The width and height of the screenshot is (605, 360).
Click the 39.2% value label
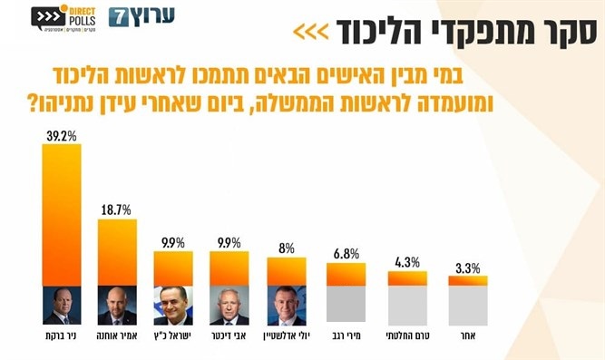pyautogui.click(x=61, y=135)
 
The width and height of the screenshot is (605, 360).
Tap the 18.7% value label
pyautogui.click(x=117, y=209)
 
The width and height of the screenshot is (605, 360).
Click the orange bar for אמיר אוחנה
pyautogui.click(x=117, y=252)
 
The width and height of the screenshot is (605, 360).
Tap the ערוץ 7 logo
pyautogui.click(x=141, y=17)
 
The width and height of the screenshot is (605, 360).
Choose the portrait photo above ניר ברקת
pyautogui.click(x=61, y=306)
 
